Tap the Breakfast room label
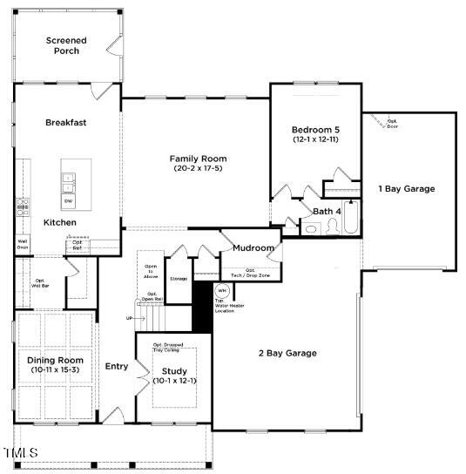[x=66, y=123]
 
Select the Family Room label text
[x=198, y=163]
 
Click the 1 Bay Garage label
[x=406, y=188]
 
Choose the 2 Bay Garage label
[x=287, y=353]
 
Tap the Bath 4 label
[x=327, y=211]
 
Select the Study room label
[x=174, y=376]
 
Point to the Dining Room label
[x=55, y=364]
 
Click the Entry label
[x=117, y=367]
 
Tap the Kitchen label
[x=61, y=222]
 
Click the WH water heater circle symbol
[x=222, y=290]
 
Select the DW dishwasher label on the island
[x=68, y=201]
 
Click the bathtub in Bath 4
[x=351, y=218]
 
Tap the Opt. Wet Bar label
[x=39, y=282]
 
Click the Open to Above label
[x=150, y=270]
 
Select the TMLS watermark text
[x=21, y=453]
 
